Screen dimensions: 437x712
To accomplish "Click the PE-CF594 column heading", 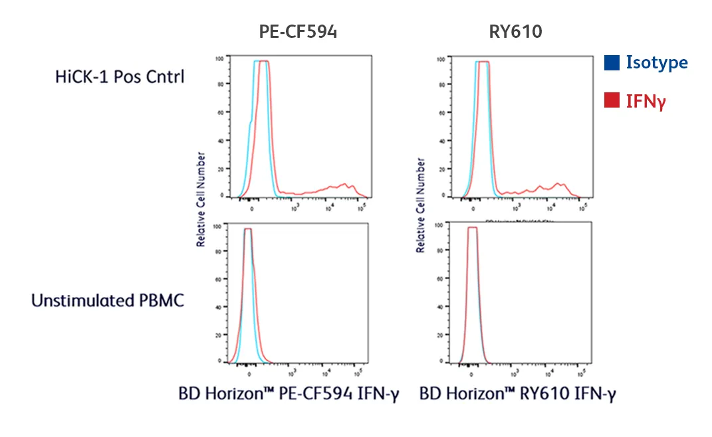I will click(x=297, y=32).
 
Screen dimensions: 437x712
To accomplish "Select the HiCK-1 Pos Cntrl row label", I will click(x=120, y=76).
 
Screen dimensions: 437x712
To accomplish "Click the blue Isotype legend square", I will click(x=612, y=62).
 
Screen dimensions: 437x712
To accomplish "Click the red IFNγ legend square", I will click(x=612, y=101).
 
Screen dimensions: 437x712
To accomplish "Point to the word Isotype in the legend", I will click(x=656, y=62).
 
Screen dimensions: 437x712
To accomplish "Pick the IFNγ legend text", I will click(x=646, y=101).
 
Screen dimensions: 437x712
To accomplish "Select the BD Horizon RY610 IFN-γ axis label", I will click(x=518, y=394).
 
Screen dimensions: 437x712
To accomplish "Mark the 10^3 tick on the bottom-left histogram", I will click(x=288, y=372).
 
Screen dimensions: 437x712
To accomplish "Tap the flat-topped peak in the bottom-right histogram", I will click(x=473, y=228).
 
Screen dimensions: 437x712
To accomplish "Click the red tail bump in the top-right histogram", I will click(x=557, y=186).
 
